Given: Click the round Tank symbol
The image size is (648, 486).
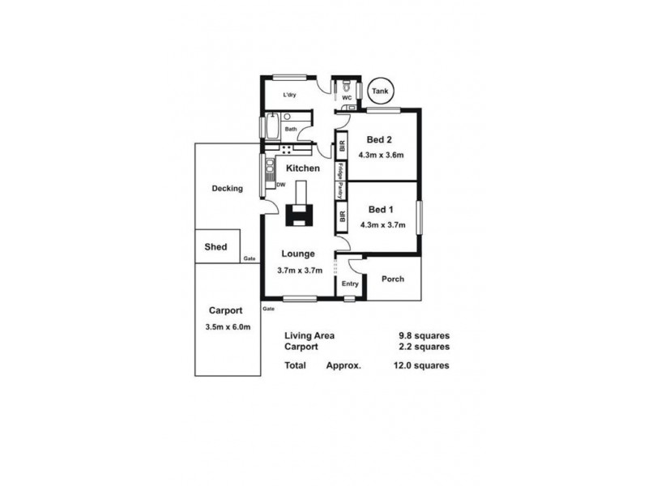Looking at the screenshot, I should point(378,92).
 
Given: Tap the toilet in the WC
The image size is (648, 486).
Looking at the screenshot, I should point(346,86).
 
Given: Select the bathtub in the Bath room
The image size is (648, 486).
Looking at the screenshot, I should point(271,127).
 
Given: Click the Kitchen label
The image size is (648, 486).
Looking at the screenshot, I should point(302,168).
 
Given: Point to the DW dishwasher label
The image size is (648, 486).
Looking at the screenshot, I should point(281,185).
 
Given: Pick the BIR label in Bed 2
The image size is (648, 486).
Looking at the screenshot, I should point(343,147).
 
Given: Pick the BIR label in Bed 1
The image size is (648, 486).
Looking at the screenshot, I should point(343,217).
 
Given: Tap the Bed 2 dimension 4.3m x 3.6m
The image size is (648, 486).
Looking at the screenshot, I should point(382,155).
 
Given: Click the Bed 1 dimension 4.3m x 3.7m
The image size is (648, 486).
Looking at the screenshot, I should point(382,224).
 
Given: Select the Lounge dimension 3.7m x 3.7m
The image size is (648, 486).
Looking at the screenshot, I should point(300,270).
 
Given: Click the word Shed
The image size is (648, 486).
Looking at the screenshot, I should point(215,247).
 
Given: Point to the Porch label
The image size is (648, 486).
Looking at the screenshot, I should point(393,279).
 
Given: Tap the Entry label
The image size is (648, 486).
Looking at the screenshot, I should point(350,283).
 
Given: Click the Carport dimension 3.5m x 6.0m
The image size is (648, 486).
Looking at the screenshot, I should point(228,326).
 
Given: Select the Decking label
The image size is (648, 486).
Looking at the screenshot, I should point(227,189).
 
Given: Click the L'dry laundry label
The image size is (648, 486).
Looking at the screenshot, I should point(289,96).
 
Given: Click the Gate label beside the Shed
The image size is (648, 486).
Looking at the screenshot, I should point(249,258).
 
